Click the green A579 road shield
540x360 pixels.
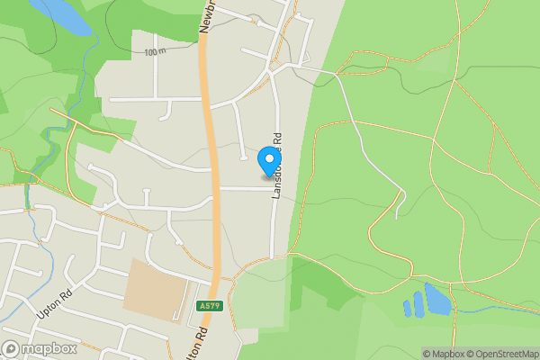click(x=208, y=307)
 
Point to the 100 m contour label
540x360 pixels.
click(x=155, y=52)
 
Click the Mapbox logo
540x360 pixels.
click(x=40, y=348)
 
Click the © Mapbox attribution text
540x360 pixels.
click(x=441, y=354)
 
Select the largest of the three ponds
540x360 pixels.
click(x=437, y=300)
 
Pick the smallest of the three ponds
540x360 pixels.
click(x=407, y=309)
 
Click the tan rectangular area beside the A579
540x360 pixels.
click(x=157, y=290)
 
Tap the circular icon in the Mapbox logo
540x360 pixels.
click(x=12, y=348)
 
